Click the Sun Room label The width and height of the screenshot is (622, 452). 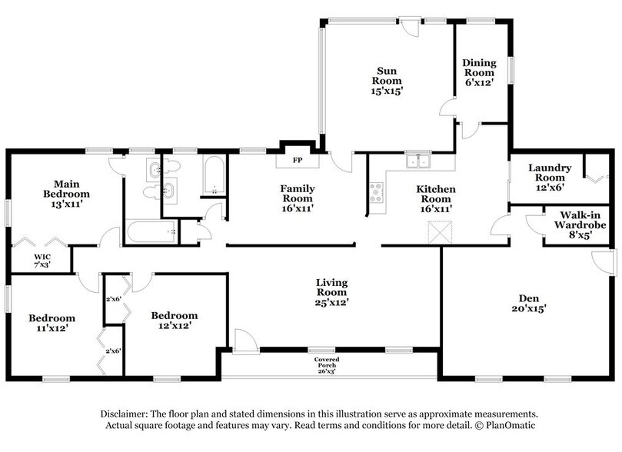point(387,80)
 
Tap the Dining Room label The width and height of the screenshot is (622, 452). point(478,72)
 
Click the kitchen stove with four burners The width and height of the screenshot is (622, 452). point(376,191)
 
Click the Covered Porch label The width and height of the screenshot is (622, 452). point(326,364)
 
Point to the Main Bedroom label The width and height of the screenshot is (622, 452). point(62,194)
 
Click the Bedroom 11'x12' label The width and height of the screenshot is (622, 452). point(52,324)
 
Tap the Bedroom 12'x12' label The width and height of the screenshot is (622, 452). point(174,321)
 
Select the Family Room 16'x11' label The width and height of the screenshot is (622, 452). point(296,198)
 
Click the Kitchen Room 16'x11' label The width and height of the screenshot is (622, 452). point(436,198)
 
